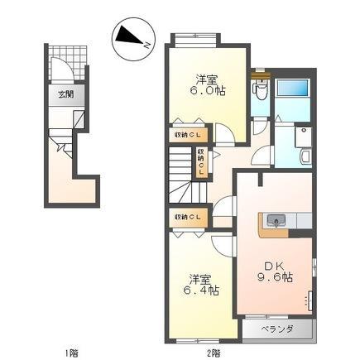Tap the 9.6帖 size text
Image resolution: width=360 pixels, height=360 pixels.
275,278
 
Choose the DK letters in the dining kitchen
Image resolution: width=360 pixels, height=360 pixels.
273,265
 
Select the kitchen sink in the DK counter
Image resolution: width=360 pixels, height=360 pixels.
276,220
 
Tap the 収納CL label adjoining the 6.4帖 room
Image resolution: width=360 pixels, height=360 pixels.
188,217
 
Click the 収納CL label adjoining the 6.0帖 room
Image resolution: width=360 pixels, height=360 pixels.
188,134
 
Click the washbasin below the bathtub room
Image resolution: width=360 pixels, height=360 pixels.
302,154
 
